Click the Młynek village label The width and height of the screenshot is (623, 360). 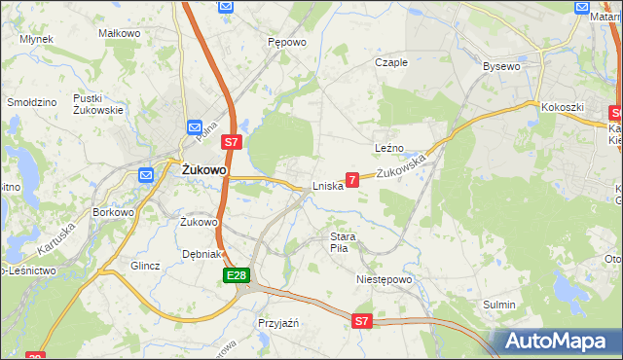click(x=35, y=39)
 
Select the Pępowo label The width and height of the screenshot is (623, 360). click(x=287, y=43)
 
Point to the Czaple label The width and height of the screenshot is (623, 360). click(x=391, y=62)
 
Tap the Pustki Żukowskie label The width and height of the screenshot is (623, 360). click(x=97, y=104)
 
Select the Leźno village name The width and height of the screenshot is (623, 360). click(x=388, y=148)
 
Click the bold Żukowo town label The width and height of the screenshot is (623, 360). click(x=204, y=169)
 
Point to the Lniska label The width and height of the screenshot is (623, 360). click(x=327, y=186)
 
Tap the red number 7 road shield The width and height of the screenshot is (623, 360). click(x=352, y=180)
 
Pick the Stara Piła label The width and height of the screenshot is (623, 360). click(x=344, y=242)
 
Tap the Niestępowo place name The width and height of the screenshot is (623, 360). click(x=384, y=279)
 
